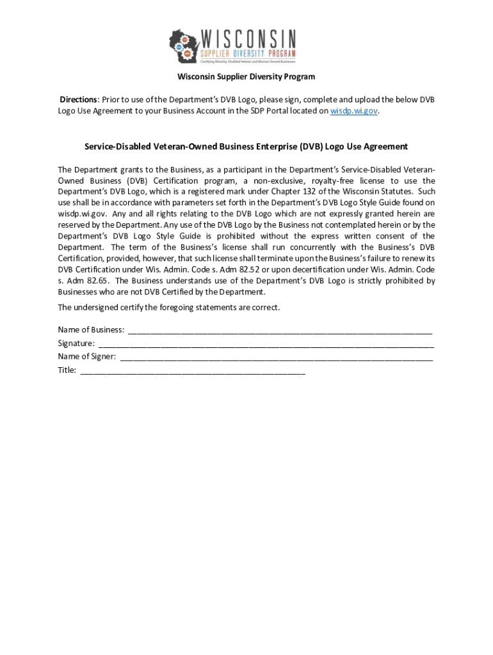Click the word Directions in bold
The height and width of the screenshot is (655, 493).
(78, 100)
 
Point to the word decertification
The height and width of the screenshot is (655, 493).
(326, 269)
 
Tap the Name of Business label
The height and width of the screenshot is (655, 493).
(91, 330)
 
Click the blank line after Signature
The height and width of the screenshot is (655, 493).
(266, 345)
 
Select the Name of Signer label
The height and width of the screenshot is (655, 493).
(86, 356)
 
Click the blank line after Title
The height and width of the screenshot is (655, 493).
(193, 371)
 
